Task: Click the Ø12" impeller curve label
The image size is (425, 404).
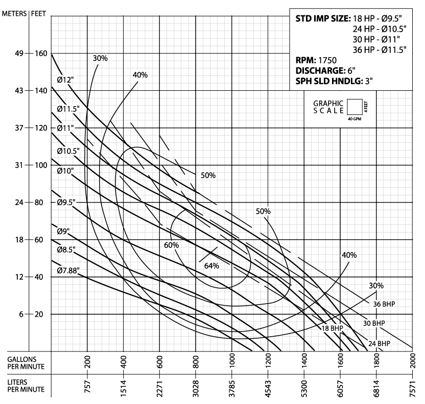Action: [66, 80]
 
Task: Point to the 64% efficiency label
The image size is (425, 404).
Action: [211, 266]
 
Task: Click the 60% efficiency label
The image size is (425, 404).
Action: [171, 245]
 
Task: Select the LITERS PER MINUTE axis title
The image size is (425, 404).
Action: [21, 385]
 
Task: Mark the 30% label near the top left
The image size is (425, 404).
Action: [100, 58]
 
